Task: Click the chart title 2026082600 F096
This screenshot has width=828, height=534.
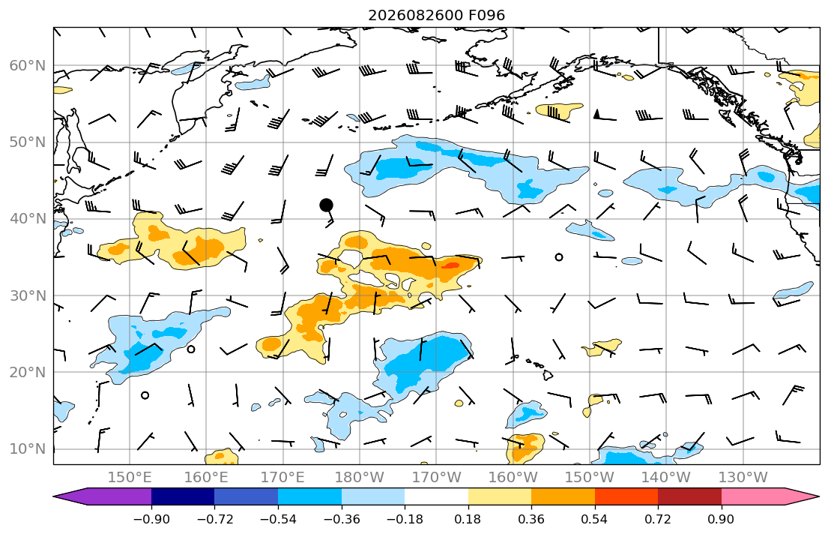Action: pyautogui.click(x=436, y=15)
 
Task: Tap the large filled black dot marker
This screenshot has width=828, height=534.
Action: pyautogui.click(x=327, y=205)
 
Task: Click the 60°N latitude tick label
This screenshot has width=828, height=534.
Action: pyautogui.click(x=28, y=65)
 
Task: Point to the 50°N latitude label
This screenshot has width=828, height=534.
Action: pyautogui.click(x=28, y=142)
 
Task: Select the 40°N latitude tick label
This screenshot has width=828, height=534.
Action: pyautogui.click(x=28, y=218)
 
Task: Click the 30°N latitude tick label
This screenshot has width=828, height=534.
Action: pyautogui.click(x=28, y=295)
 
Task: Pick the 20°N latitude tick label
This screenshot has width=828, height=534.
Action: pyautogui.click(x=28, y=372)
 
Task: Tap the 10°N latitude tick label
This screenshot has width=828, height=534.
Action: pyautogui.click(x=28, y=449)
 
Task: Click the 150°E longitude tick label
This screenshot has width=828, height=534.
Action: pyautogui.click(x=130, y=478)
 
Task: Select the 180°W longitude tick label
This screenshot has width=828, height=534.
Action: pyautogui.click(x=360, y=478)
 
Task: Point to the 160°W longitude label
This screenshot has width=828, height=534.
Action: pyautogui.click(x=513, y=478)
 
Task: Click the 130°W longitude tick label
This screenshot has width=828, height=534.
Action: pyautogui.click(x=743, y=478)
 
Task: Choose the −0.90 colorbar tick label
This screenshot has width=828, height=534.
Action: pyautogui.click(x=151, y=519)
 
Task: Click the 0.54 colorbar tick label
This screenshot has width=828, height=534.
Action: pyautogui.click(x=595, y=519)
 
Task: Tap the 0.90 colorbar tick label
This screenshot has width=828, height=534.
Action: pyautogui.click(x=722, y=519)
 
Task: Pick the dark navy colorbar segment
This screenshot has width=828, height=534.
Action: pyautogui.click(x=183, y=496)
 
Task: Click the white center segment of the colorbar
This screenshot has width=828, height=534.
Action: pyautogui.click(x=436, y=496)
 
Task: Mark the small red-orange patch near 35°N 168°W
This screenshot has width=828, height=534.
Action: pyautogui.click(x=450, y=265)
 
